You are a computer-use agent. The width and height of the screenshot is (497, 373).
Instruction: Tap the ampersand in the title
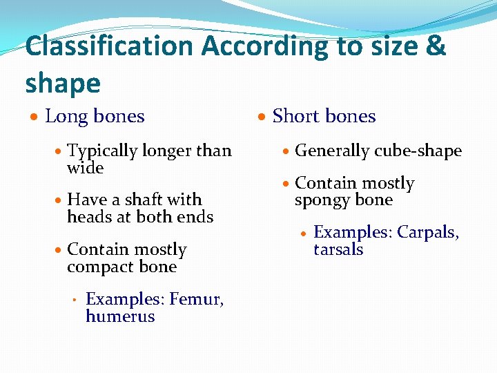(x=436, y=47)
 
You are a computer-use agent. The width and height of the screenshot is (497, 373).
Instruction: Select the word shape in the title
(x=63, y=84)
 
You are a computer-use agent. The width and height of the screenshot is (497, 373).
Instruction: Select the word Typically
(x=102, y=151)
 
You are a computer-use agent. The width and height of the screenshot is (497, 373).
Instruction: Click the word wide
(x=85, y=168)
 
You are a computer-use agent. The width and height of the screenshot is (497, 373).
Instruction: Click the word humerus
(x=120, y=316)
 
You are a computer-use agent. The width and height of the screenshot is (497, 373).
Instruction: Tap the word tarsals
(x=338, y=249)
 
